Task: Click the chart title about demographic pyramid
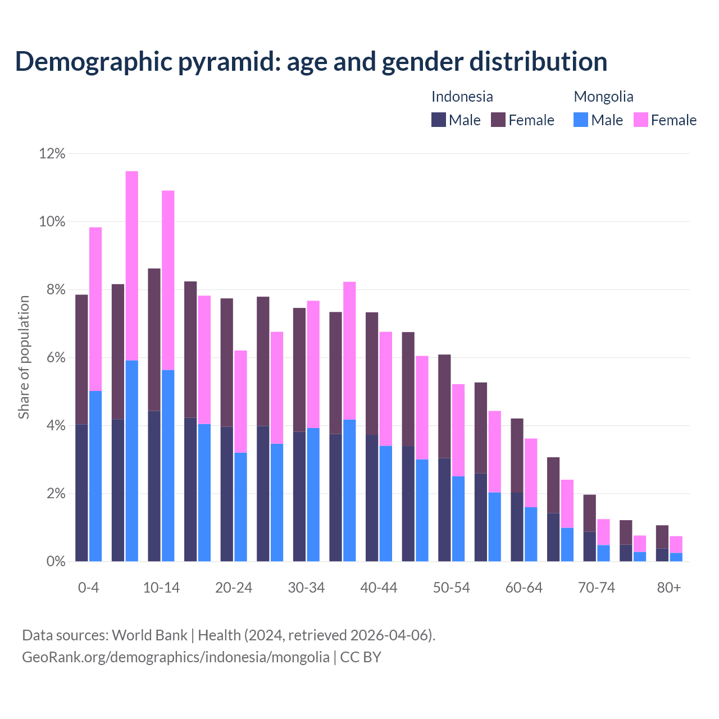311,61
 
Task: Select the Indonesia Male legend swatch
439,120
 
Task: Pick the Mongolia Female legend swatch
641,120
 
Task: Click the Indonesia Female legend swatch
498,120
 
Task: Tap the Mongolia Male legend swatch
581,120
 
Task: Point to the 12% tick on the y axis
52,153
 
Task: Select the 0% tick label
56,562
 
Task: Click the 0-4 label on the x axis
88,588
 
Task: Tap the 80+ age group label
669,588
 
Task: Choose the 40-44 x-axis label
379,588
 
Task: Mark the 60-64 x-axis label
524,588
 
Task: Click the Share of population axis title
24,357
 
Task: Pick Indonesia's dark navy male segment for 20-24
227,494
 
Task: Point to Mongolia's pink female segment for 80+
676,544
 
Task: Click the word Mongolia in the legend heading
603,97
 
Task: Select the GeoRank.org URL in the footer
176,657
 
